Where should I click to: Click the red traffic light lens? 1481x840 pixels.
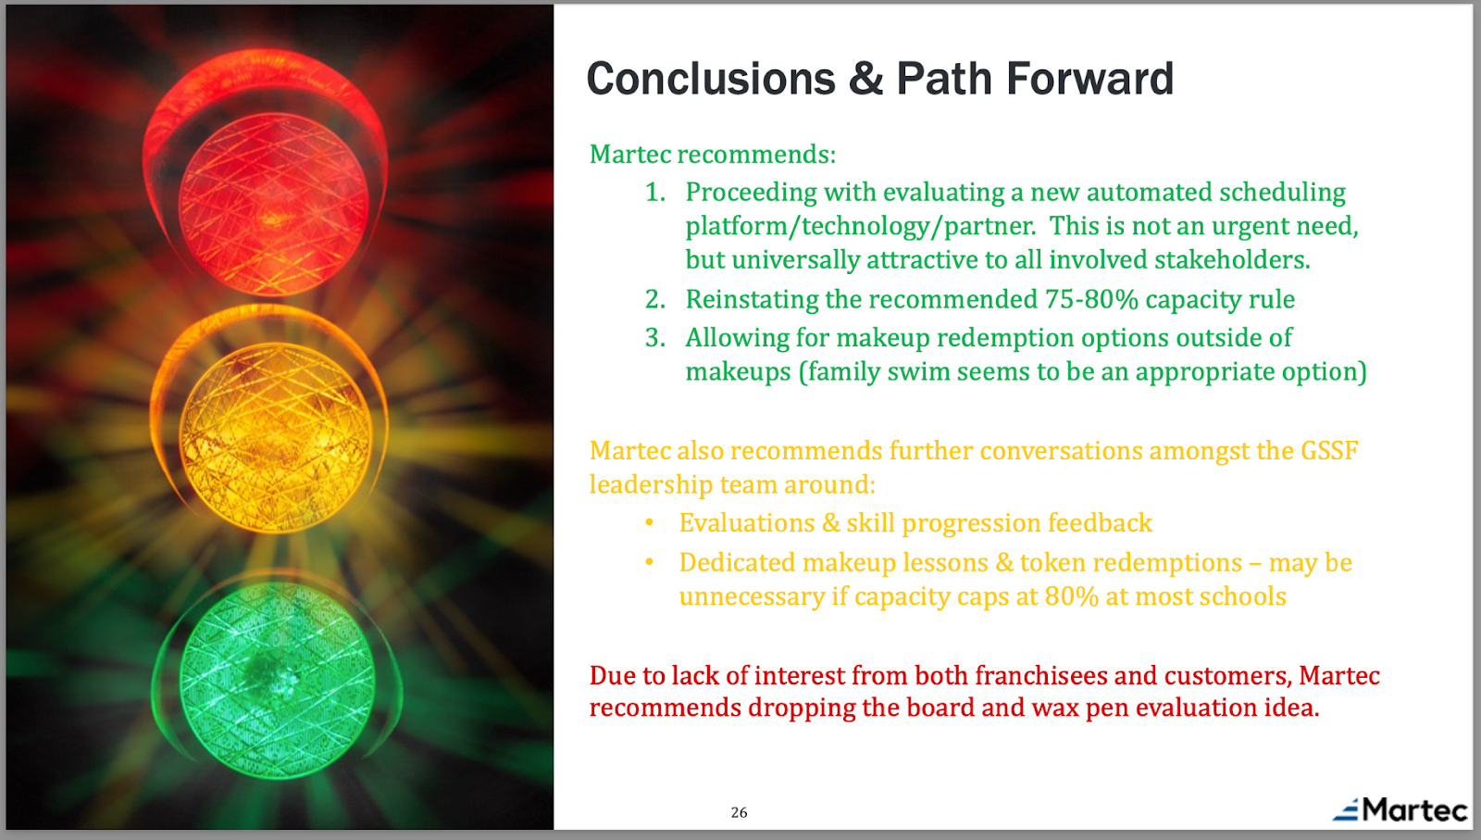pyautogui.click(x=273, y=203)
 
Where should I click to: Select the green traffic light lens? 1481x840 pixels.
pyautogui.click(x=277, y=680)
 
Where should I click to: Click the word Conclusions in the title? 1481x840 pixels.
pyautogui.click(x=711, y=79)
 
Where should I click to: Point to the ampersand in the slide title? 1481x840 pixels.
pyautogui.click(x=865, y=79)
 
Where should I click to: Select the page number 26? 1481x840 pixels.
pyautogui.click(x=740, y=812)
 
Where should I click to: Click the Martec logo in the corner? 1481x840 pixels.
pyautogui.click(x=1400, y=809)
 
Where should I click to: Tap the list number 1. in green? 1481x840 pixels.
pyautogui.click(x=655, y=192)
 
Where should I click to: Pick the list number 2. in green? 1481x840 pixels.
pyautogui.click(x=655, y=299)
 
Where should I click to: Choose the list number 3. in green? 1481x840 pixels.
pyautogui.click(x=655, y=337)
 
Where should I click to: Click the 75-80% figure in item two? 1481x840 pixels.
pyautogui.click(x=1091, y=299)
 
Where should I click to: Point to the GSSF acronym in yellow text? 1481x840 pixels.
pyautogui.click(x=1329, y=450)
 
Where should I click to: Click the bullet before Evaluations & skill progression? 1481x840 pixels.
pyautogui.click(x=649, y=522)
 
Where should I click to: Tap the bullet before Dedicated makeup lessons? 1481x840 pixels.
pyautogui.click(x=649, y=562)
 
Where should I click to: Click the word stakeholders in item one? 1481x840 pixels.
pyautogui.click(x=1232, y=259)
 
